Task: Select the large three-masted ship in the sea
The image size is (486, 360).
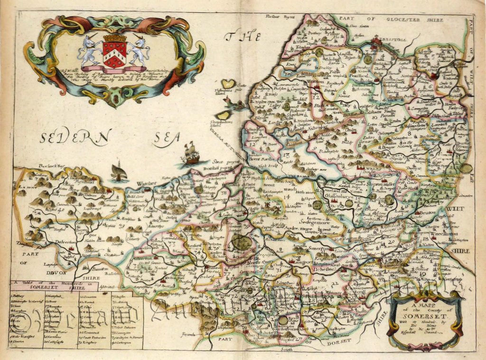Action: click(191, 152)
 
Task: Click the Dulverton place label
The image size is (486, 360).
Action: click(52, 242)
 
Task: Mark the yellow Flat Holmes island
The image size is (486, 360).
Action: click(229, 84)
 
